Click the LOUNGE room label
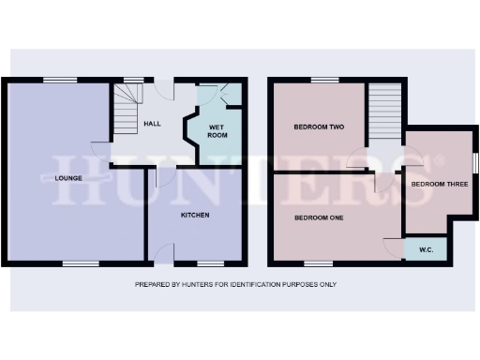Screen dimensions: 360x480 69,178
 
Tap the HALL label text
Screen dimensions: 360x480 153,124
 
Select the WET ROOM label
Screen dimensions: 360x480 217,130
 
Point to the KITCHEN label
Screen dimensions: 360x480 195,216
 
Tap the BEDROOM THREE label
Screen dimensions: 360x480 439,184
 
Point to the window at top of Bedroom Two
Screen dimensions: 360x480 324,80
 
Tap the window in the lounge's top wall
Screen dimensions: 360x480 62,79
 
